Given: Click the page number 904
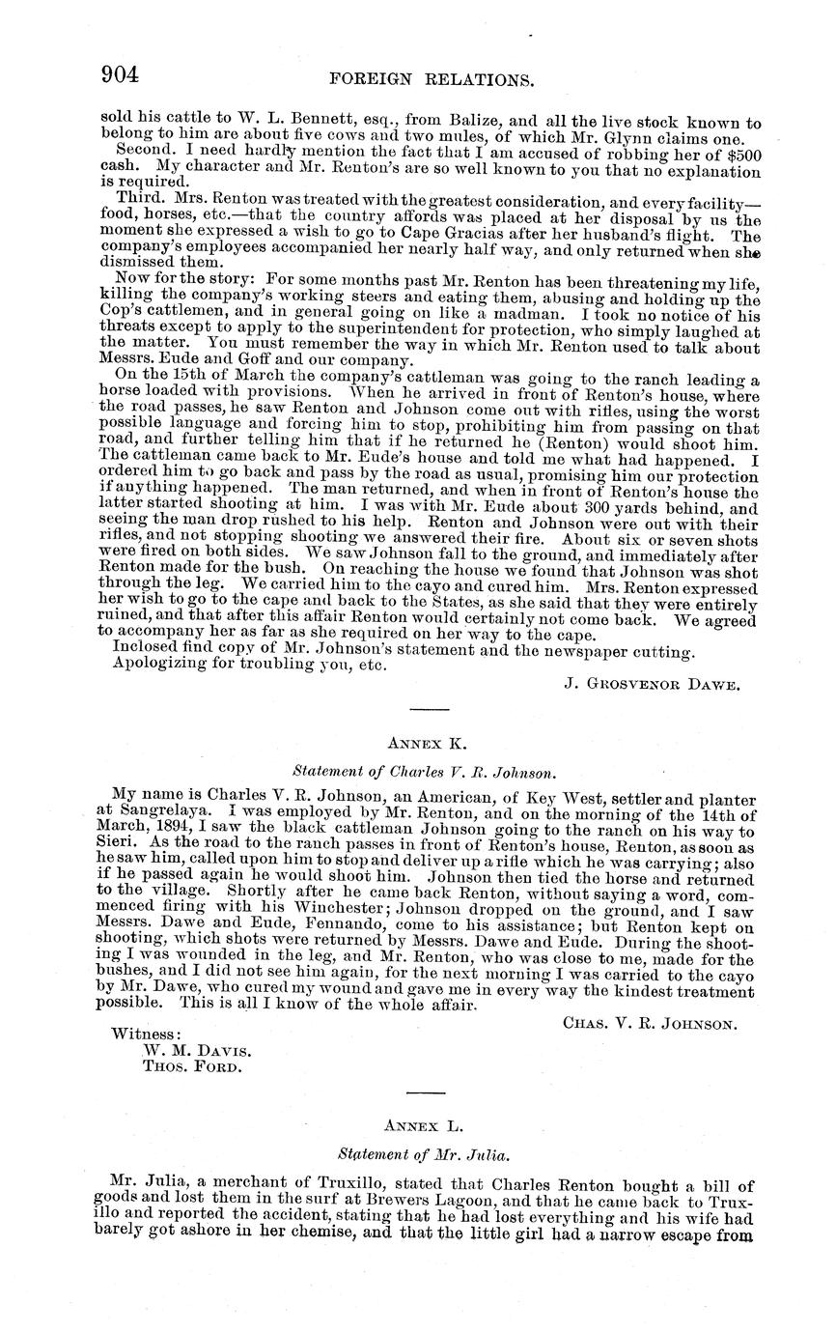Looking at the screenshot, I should click(x=122, y=75).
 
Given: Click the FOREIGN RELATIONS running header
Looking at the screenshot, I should click(x=432, y=78).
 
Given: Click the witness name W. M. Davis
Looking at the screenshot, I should click(x=197, y=1050).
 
